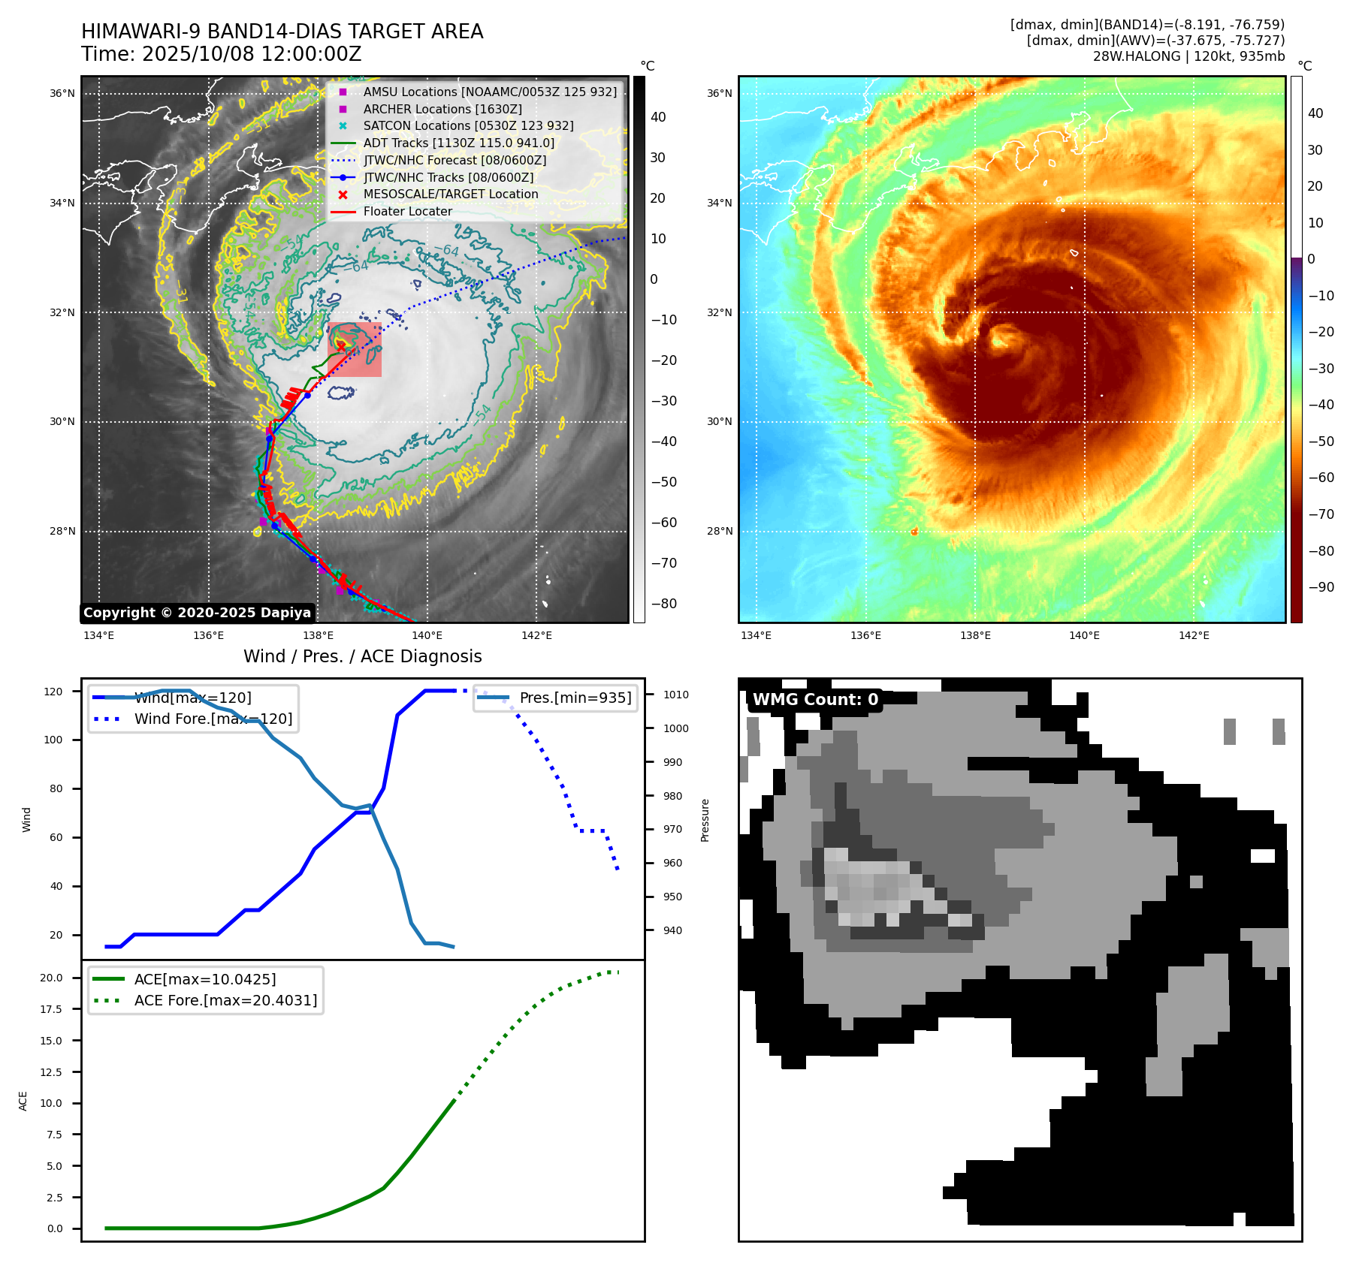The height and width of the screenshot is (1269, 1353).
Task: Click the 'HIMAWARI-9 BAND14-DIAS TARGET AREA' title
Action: (x=282, y=32)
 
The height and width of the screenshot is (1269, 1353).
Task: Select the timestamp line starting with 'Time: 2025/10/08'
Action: (x=222, y=54)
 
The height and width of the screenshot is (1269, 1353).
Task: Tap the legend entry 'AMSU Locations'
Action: (x=489, y=92)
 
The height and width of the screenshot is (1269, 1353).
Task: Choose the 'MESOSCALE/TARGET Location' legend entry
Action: (x=450, y=194)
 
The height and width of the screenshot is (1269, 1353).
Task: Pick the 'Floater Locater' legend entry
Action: (x=407, y=211)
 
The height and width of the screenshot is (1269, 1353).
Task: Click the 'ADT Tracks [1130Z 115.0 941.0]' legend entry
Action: (x=458, y=143)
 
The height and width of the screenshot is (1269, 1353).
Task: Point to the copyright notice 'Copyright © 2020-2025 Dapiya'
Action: (x=197, y=613)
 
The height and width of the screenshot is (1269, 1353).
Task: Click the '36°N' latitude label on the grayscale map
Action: (x=62, y=94)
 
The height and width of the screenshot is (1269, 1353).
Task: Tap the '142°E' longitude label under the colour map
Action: (x=1194, y=635)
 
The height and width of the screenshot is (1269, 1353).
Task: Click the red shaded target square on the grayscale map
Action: (x=355, y=350)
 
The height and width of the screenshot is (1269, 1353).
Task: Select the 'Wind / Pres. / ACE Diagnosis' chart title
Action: (x=362, y=656)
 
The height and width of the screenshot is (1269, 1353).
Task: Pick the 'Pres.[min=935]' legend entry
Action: (x=575, y=698)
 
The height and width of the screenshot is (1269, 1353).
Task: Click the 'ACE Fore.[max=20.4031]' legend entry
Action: (x=225, y=1000)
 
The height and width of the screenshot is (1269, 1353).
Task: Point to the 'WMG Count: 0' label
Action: (x=815, y=700)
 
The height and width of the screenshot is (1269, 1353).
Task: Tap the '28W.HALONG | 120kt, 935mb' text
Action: (x=1188, y=56)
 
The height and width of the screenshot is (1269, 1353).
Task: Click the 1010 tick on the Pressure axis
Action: (x=675, y=695)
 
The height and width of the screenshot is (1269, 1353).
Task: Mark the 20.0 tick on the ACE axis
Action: (x=52, y=978)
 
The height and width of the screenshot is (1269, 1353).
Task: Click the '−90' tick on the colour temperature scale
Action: (x=1321, y=587)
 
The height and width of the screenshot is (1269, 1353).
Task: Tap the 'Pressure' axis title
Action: (x=705, y=820)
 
